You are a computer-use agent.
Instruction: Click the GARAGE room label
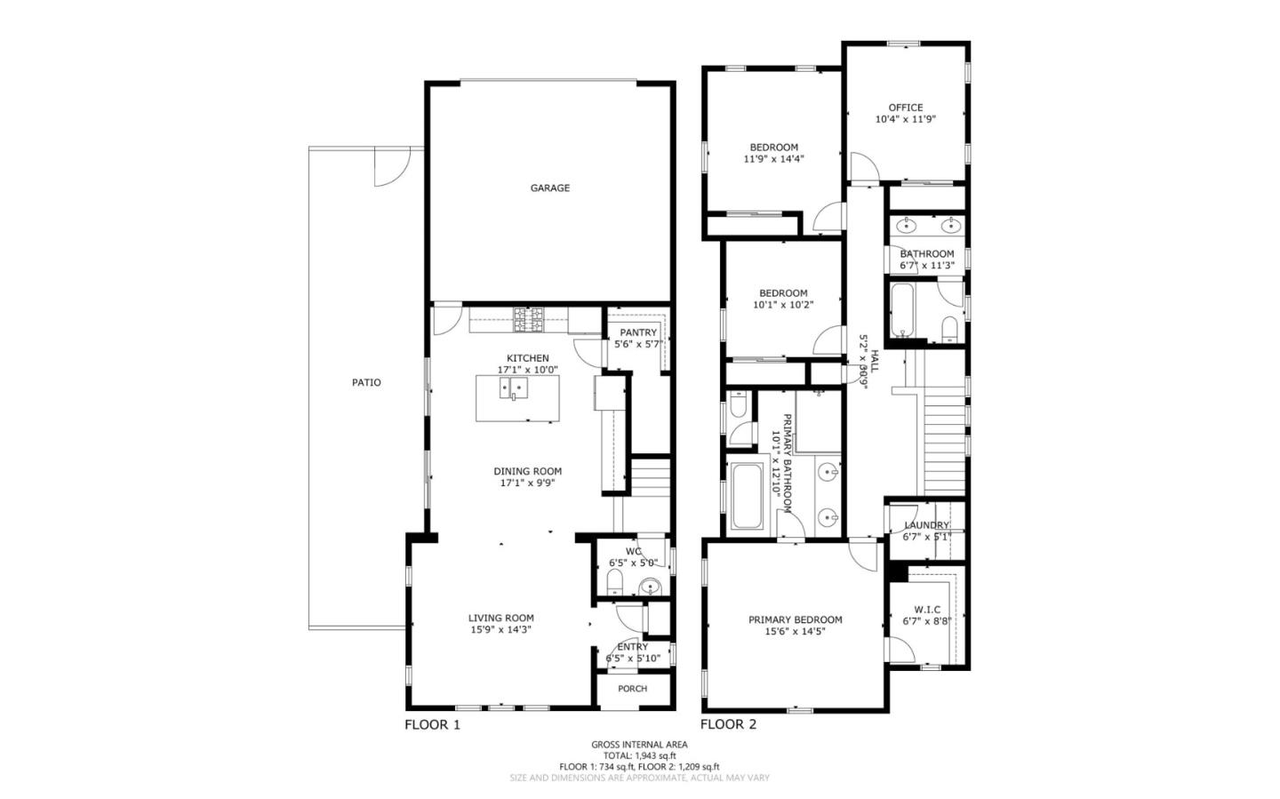pos(549,188)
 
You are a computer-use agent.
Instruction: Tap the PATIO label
pos(366,383)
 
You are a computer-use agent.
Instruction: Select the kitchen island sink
pos(514,388)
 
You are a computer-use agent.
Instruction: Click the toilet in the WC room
pos(614,583)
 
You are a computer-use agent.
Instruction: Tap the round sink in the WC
pos(652,587)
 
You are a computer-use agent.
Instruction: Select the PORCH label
pos(632,689)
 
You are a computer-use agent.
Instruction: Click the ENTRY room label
pos(632,647)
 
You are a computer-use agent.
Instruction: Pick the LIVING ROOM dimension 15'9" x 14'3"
pos(501,630)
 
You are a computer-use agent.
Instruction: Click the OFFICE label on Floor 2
pos(905,108)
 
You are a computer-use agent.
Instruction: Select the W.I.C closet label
pos(927,610)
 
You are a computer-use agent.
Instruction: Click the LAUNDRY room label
pos(926,525)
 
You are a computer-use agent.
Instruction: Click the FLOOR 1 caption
pos(432,724)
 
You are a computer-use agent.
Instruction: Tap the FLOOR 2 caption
pos(728,724)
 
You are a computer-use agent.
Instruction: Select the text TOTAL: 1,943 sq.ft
pos(639,755)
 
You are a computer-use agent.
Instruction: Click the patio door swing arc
pos(389,169)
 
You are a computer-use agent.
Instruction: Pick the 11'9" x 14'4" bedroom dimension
pos(773,159)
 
